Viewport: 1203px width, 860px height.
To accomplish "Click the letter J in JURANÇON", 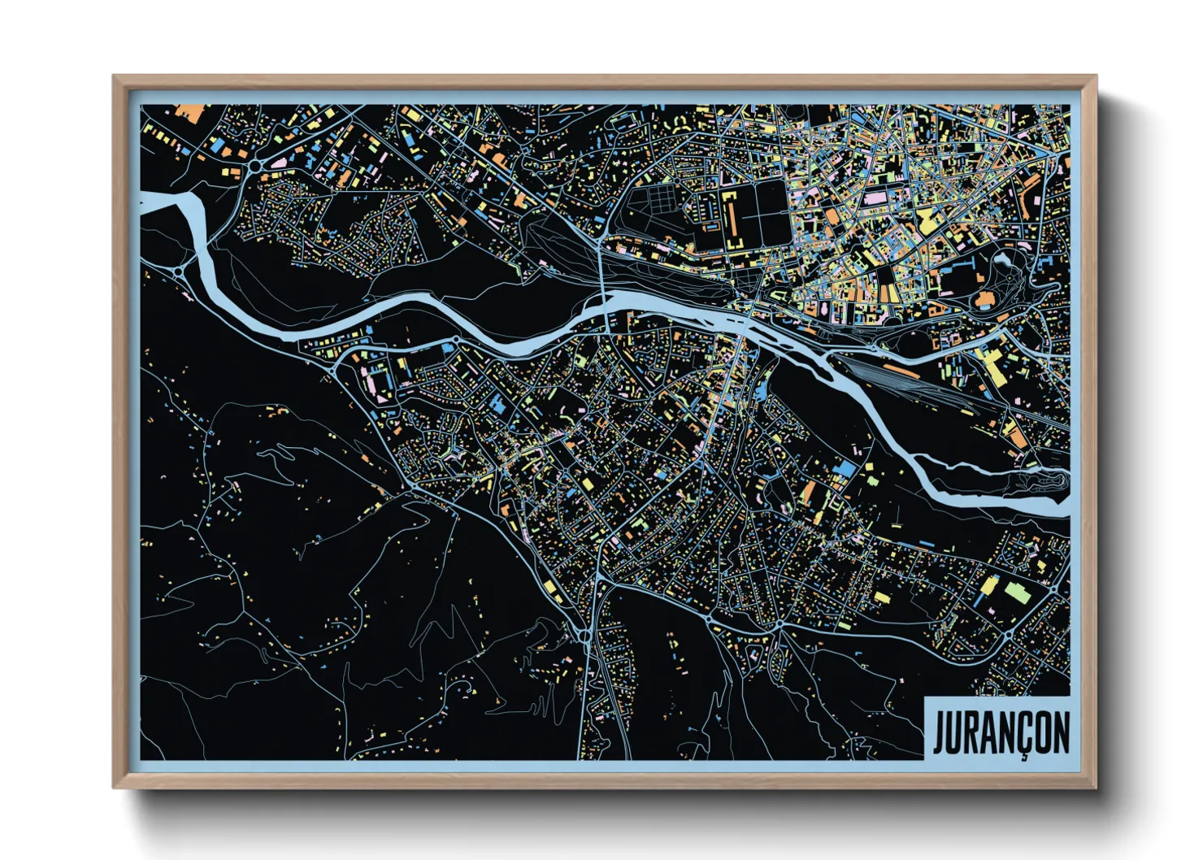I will [940, 733].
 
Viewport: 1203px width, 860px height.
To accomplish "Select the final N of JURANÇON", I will [1060, 733].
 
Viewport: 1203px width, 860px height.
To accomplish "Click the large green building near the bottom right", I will [1018, 593].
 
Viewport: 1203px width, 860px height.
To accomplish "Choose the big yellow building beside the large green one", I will [989, 585].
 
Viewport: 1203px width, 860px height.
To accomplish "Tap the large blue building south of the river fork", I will [845, 469].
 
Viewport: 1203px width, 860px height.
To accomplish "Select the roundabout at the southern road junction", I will [584, 635].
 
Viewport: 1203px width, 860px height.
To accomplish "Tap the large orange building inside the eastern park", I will [985, 301].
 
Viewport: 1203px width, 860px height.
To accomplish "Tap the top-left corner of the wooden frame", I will [115, 77].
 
